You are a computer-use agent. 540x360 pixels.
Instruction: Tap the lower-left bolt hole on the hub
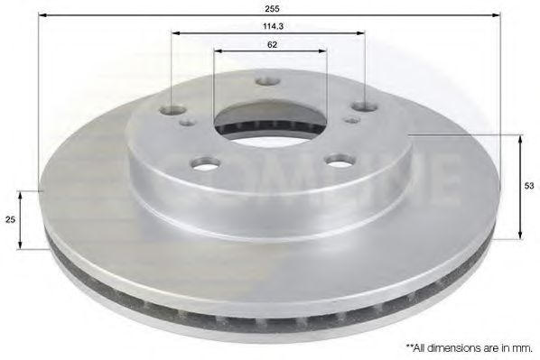[x=205, y=164]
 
